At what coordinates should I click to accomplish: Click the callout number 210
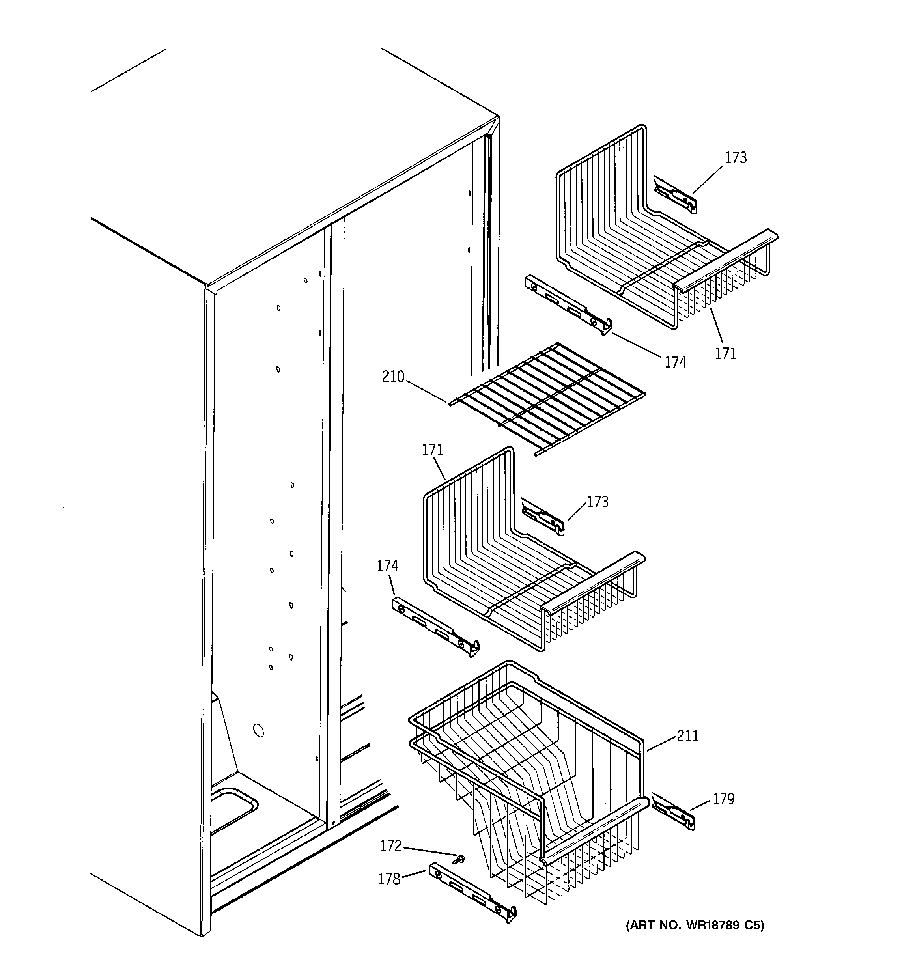coord(393,377)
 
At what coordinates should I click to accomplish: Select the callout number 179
coord(723,799)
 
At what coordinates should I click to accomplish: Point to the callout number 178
coord(389,879)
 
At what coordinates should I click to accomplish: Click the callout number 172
coord(390,846)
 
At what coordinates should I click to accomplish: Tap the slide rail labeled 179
coord(673,813)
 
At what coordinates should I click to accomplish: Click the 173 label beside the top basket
coord(736,158)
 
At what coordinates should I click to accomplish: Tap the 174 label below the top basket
coord(675,362)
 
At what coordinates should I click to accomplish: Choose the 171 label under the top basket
coord(725,353)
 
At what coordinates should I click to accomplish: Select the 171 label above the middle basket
coord(432,450)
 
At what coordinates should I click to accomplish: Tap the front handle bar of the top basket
coord(726,258)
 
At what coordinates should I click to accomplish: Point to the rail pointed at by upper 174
coord(568,304)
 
